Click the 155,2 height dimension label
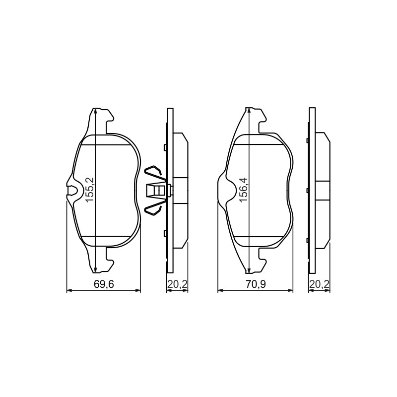coord(90,190)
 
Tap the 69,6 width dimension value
coord(104,284)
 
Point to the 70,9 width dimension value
coord(255,284)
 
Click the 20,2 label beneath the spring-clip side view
coord(177,284)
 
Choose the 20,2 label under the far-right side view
coord(320,284)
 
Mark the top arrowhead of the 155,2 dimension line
coord(95,111)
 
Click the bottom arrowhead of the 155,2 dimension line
coord(95,270)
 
